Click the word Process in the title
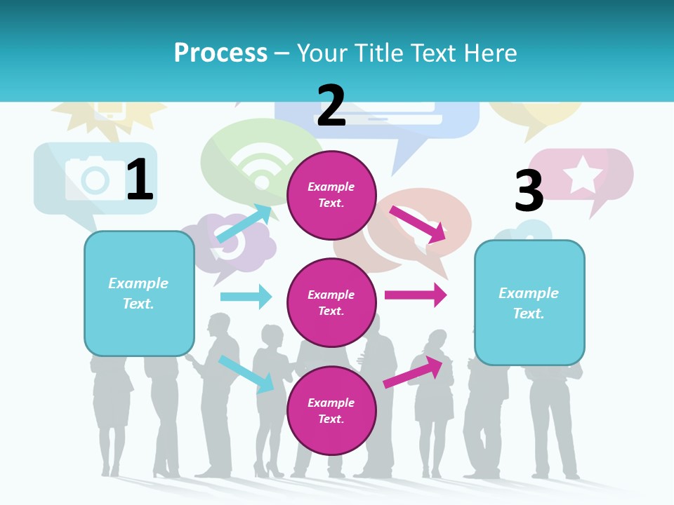point(220,53)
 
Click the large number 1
point(140,180)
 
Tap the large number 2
point(331,106)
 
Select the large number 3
point(529,191)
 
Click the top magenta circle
point(331,195)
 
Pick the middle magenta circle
point(331,302)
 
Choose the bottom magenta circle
point(331,410)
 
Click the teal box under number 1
point(139,293)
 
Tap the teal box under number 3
point(529,303)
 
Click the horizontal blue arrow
point(246,297)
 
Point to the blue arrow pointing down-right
point(246,374)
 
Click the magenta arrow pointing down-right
point(418,224)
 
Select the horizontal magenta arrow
point(416,295)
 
